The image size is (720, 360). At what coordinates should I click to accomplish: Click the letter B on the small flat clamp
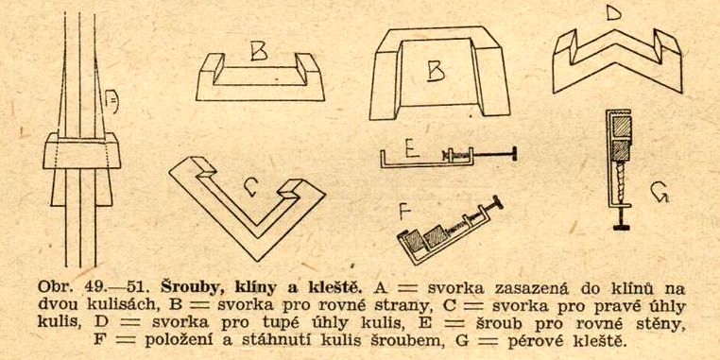pyautogui.click(x=259, y=51)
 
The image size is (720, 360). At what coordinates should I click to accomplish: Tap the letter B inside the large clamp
pyautogui.click(x=437, y=72)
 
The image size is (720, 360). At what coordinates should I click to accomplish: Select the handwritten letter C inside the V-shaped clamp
pyautogui.click(x=249, y=187)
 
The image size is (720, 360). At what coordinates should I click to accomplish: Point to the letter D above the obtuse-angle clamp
pyautogui.click(x=614, y=14)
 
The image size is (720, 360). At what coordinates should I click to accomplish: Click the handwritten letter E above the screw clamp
pyautogui.click(x=412, y=147)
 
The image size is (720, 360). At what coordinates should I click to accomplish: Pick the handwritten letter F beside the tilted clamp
pyautogui.click(x=404, y=213)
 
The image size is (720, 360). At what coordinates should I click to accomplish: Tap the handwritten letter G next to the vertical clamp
pyautogui.click(x=660, y=193)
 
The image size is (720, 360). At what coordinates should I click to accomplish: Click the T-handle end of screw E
pyautogui.click(x=514, y=154)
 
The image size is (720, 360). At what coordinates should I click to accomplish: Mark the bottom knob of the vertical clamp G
pyautogui.click(x=622, y=227)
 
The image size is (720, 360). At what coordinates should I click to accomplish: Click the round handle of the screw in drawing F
pyautogui.click(x=497, y=202)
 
